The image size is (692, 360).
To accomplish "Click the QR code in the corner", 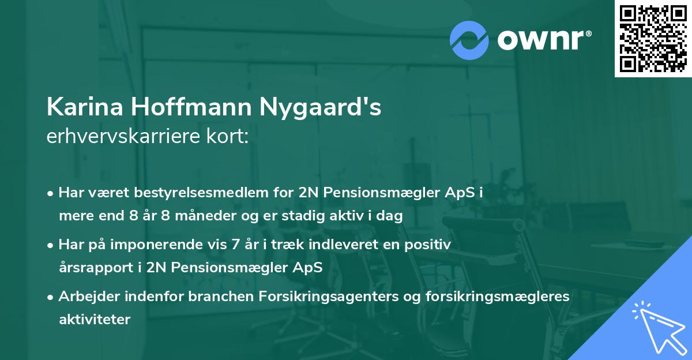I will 653,39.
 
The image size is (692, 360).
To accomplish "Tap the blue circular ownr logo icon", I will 469,39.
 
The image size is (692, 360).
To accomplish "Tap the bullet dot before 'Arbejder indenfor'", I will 51,298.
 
